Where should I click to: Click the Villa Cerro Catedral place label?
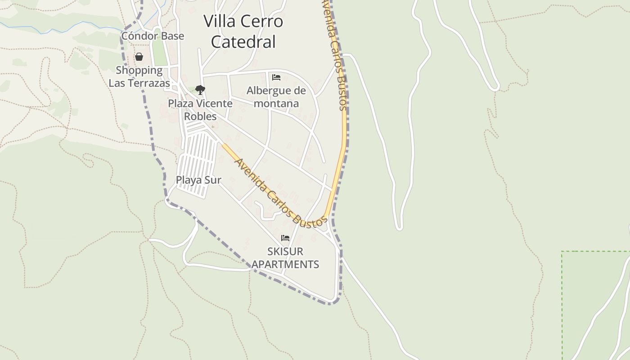tap(243, 31)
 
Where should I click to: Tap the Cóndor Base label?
tap(153, 36)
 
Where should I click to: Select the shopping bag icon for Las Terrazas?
tap(139, 57)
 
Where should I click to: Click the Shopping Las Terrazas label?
tap(139, 77)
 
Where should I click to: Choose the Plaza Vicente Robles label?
tap(200, 110)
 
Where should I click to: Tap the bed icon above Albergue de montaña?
tap(276, 77)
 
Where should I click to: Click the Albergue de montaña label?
tap(276, 97)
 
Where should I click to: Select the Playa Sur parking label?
tap(198, 180)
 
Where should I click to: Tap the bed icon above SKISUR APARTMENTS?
tap(285, 238)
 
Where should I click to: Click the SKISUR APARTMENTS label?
tap(285, 258)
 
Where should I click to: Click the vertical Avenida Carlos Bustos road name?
tap(336, 54)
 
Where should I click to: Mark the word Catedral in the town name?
tap(243, 42)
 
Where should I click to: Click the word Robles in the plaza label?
tap(200, 117)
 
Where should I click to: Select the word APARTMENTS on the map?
tap(285, 264)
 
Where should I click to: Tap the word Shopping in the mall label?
tap(139, 70)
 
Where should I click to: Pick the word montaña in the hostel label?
tap(276, 103)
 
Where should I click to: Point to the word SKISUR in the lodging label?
tap(285, 251)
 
